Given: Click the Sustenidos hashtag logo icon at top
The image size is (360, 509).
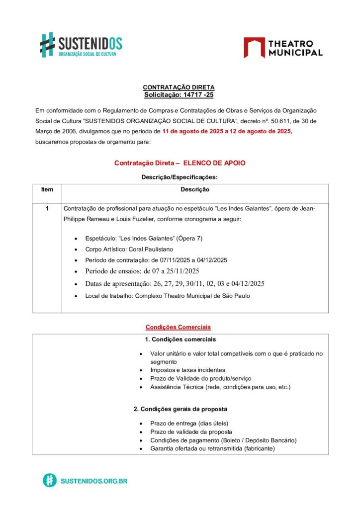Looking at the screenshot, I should pyautogui.click(x=47, y=44).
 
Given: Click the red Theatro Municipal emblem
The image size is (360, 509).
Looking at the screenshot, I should pyautogui.click(x=254, y=47).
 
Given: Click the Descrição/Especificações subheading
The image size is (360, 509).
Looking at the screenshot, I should pyautogui.click(x=180, y=177).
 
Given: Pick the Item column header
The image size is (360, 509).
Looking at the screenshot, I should pyautogui.click(x=47, y=189).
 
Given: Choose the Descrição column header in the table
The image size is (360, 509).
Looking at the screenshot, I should pyautogui.click(x=194, y=189).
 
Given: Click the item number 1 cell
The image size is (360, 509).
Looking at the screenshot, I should pyautogui.click(x=47, y=208).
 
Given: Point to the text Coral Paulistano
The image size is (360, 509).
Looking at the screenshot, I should pyautogui.click(x=149, y=250).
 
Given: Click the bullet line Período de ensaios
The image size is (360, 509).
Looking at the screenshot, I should pyautogui.click(x=142, y=271).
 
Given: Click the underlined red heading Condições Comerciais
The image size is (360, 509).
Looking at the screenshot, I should pyautogui.click(x=178, y=327).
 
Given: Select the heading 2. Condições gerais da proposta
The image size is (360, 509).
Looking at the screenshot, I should pyautogui.click(x=180, y=409).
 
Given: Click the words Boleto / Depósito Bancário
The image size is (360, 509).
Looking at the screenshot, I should pyautogui.click(x=259, y=440).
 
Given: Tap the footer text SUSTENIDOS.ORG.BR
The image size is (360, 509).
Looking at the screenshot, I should pyautogui.click(x=94, y=481).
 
